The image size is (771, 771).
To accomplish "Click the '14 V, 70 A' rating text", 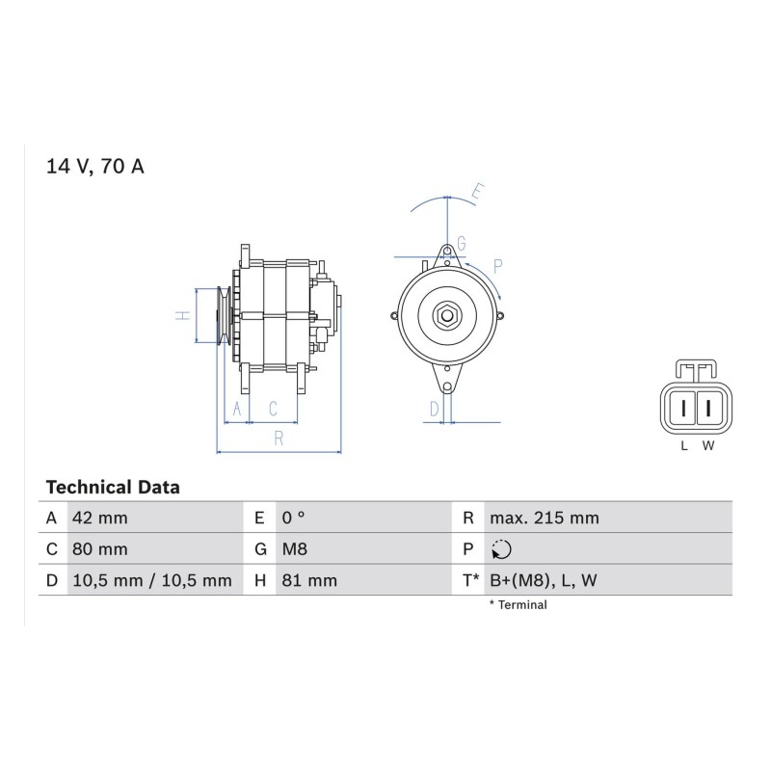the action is pos(94,166).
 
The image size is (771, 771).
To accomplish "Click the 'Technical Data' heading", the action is pos(113,488).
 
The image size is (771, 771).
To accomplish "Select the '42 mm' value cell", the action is pos(100,518).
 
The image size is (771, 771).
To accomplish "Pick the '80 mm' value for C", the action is pos(100,548).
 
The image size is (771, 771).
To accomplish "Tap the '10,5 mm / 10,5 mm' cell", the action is pos(152,580).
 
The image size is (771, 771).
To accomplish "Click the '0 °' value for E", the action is pos(293,518).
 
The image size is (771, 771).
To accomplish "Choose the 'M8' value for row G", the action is pos(295,548).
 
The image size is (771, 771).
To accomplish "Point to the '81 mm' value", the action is pos(309,580).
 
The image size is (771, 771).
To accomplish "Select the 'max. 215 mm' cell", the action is pos(545,518).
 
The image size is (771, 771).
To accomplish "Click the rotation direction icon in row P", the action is pos(501,549).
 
